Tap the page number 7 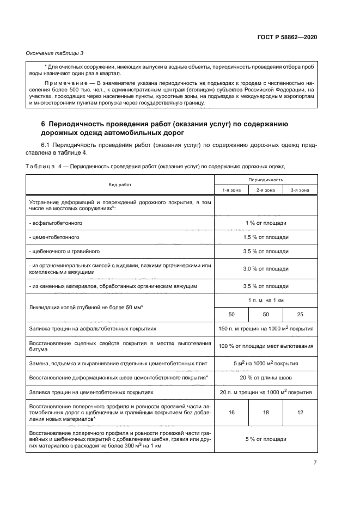315,462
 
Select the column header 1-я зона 231,189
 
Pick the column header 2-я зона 265,189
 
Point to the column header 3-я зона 300,189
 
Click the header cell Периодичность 265,179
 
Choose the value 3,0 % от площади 265,268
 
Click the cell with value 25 300,315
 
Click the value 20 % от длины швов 265,377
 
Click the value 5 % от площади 265,439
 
